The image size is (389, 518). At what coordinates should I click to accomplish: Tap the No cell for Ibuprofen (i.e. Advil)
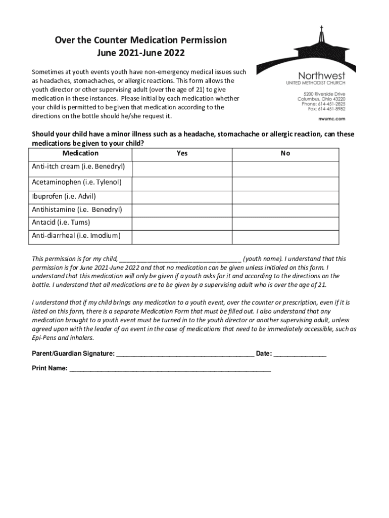[x=285, y=196]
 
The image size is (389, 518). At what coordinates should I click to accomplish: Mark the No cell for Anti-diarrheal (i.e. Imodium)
[x=285, y=236]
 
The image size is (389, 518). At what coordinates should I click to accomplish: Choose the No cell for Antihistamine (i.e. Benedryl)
[x=285, y=209]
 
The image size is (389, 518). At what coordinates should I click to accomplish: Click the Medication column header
[x=80, y=153]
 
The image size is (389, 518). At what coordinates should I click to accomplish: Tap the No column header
[x=285, y=153]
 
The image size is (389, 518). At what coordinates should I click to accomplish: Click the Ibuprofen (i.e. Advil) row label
[x=64, y=196]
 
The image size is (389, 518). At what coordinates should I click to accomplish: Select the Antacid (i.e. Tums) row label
[x=62, y=223]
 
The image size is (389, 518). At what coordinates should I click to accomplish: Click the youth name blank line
[x=180, y=260]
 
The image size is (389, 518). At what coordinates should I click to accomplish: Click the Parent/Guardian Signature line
[x=185, y=355]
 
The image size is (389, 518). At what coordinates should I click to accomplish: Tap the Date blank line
[x=300, y=355]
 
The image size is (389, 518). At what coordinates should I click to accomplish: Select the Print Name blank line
[x=170, y=369]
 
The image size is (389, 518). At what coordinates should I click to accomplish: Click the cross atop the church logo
[x=321, y=30]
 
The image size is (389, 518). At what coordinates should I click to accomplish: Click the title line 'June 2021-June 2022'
[x=141, y=52]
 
